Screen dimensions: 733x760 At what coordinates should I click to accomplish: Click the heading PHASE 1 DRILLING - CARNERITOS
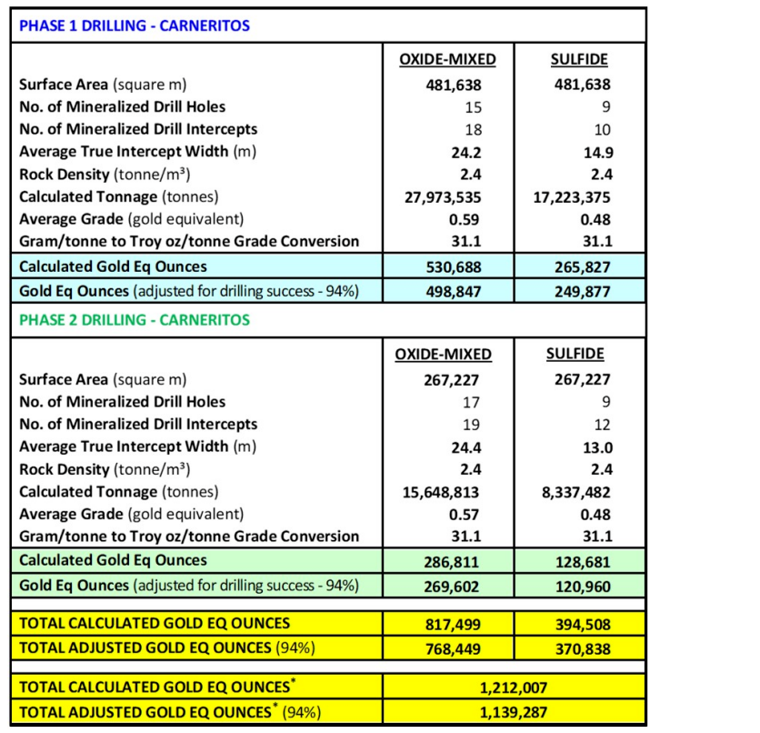click(135, 25)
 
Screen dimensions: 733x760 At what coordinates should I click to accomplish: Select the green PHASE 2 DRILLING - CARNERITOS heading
click(135, 320)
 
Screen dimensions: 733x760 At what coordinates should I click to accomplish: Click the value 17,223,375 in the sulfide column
click(579, 196)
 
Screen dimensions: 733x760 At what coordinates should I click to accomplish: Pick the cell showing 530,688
click(448, 266)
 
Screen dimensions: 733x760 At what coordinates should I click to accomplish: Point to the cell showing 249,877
click(579, 289)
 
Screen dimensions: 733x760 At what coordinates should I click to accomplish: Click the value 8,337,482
click(579, 492)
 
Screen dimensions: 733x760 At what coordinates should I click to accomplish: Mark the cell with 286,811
click(448, 561)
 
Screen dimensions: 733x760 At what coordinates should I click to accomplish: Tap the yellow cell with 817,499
click(448, 624)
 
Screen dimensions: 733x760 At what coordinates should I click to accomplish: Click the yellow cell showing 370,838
click(579, 648)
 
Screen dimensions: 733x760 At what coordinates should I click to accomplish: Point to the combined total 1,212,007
click(514, 687)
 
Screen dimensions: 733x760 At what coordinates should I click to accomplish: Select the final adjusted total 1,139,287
click(514, 711)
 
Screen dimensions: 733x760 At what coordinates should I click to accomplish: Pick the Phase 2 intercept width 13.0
click(596, 447)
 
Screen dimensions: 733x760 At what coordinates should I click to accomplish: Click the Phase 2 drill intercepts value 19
click(472, 425)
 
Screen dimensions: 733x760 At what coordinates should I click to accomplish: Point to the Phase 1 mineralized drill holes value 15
click(472, 107)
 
